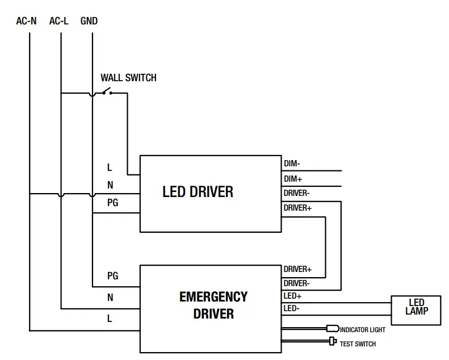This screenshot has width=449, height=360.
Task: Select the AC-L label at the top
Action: [x=59, y=21]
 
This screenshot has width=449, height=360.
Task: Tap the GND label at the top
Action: [x=89, y=21]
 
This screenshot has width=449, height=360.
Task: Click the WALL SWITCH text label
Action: [x=128, y=78]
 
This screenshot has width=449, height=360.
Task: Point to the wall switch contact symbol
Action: [x=106, y=91]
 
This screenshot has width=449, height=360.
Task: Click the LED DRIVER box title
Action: [x=198, y=192]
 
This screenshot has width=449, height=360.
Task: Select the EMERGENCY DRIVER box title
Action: [x=213, y=305]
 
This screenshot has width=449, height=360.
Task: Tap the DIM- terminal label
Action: [x=292, y=164]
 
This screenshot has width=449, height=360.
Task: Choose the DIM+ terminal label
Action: [x=293, y=179]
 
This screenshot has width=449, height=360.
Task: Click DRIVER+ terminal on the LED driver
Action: [x=297, y=208]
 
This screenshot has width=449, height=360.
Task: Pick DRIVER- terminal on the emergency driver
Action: [x=296, y=283]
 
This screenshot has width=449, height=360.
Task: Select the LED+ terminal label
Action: [x=292, y=296]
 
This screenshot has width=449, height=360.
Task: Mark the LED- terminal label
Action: [x=292, y=308]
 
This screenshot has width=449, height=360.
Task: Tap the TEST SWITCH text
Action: [x=358, y=344]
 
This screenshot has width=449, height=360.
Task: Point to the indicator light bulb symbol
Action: [x=333, y=329]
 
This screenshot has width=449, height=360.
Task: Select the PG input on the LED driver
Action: [x=113, y=202]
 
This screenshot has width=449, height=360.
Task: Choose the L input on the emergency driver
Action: [x=110, y=319]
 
